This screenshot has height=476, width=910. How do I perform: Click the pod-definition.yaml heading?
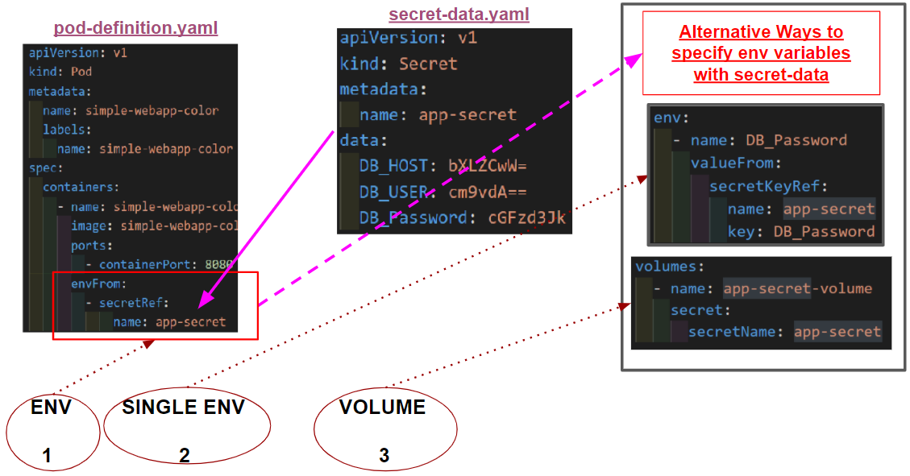coord(135,29)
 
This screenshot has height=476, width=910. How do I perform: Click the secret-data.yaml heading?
coord(459,14)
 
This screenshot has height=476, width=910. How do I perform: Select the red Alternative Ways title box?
coord(760,53)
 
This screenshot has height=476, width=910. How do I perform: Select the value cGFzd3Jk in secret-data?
coord(527,217)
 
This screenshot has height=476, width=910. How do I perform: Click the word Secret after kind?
coord(428,64)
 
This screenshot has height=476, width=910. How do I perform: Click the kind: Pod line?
coord(60,72)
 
